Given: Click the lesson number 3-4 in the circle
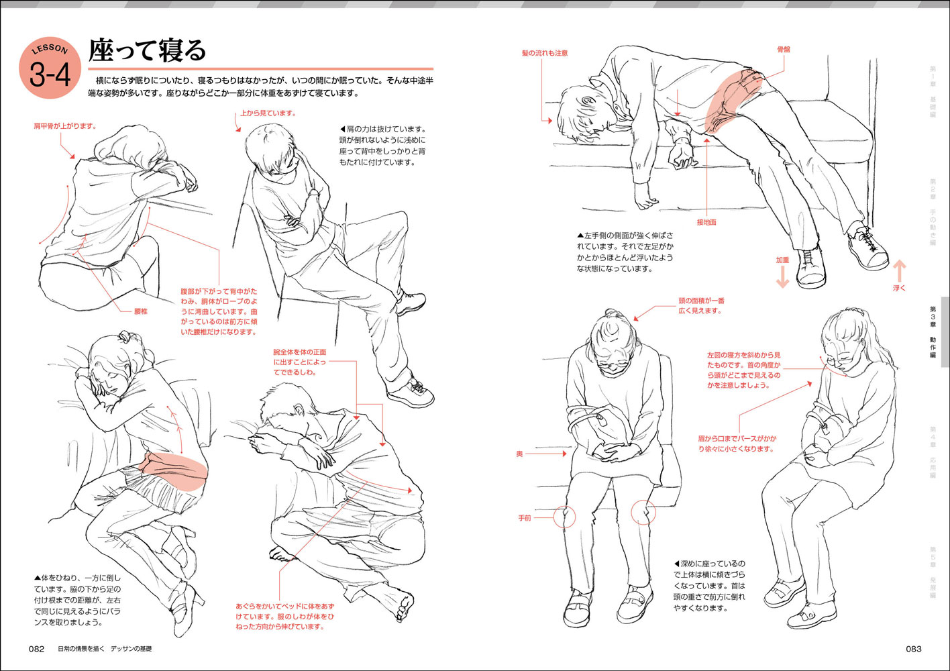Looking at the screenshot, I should [x=50, y=74].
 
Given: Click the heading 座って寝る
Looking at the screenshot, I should [x=148, y=50].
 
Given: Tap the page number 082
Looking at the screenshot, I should [x=36, y=649].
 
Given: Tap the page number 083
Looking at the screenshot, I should [x=913, y=649].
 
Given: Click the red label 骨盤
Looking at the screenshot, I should [x=783, y=50].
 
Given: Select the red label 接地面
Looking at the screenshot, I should [x=706, y=222].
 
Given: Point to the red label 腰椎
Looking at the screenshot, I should [x=140, y=311].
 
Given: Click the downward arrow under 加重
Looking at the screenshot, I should [x=782, y=276].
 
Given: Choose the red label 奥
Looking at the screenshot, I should [x=519, y=454].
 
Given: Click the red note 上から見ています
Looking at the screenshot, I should [x=268, y=113].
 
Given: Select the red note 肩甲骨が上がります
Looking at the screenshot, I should [x=65, y=126].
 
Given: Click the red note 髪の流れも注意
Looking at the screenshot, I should [x=545, y=53].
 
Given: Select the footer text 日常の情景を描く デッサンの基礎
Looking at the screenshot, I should [x=105, y=649].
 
